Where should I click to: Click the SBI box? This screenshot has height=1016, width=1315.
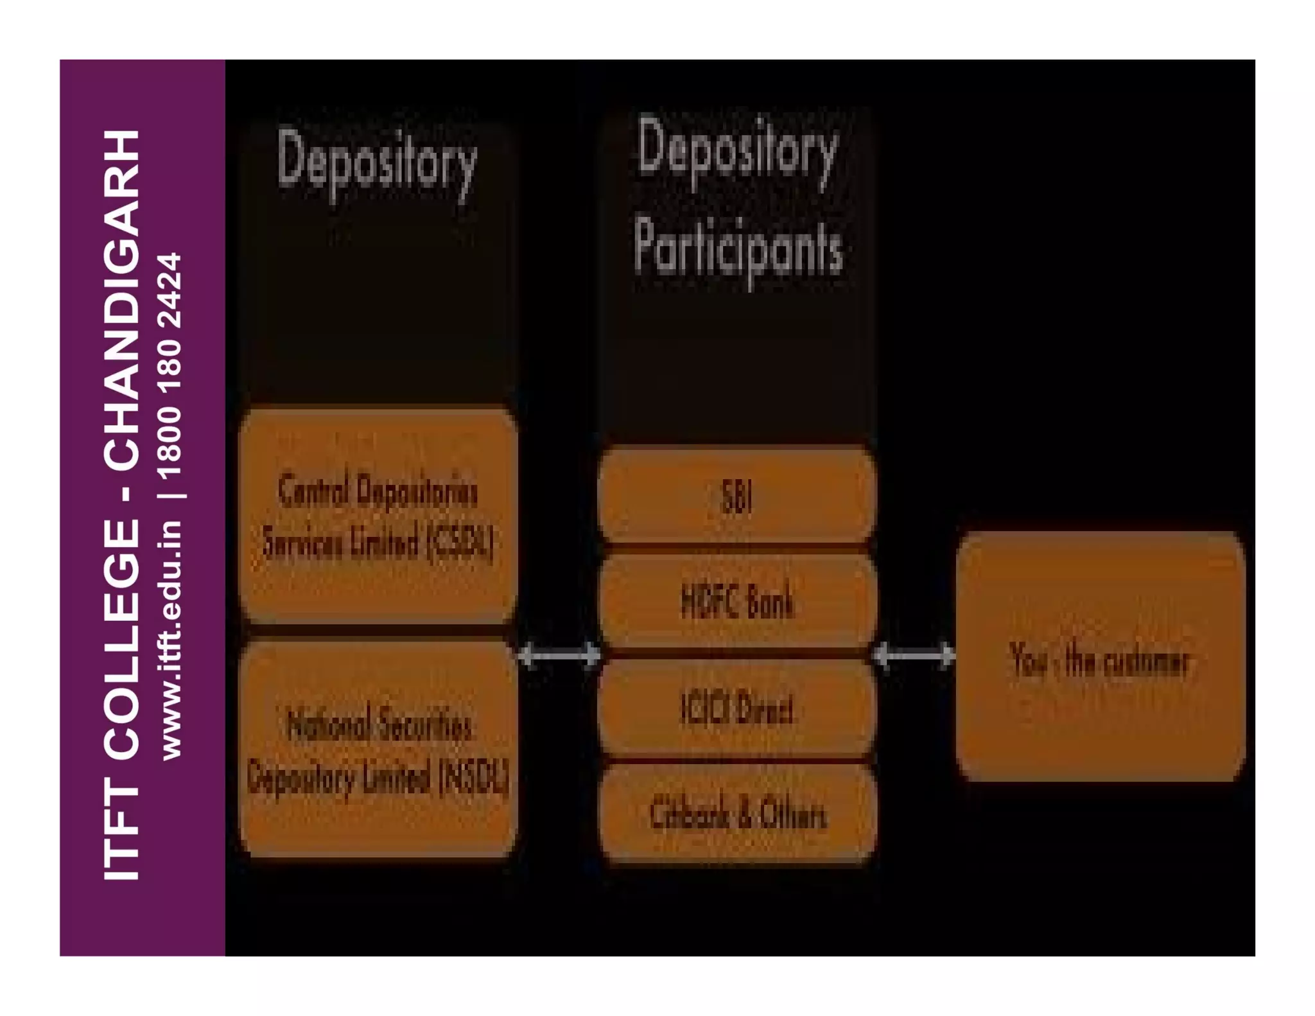pyautogui.click(x=736, y=495)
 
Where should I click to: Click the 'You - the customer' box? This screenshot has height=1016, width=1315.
pyautogui.click(x=1100, y=656)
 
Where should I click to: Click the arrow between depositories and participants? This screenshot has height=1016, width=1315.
pyautogui.click(x=559, y=656)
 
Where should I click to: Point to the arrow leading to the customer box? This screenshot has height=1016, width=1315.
pyautogui.click(x=915, y=656)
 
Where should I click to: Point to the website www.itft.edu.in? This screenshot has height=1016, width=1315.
pyautogui.click(x=171, y=640)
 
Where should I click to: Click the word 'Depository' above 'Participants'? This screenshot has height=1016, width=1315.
pyautogui.click(x=738, y=152)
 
